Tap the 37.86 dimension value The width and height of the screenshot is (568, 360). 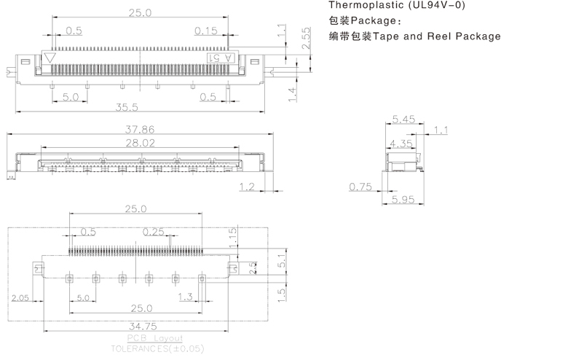[141, 129]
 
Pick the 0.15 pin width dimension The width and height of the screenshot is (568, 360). [206, 31]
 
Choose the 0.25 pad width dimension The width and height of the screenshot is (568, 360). [154, 232]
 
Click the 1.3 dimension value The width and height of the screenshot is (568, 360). [185, 297]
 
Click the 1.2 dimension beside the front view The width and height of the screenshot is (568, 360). [247, 187]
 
